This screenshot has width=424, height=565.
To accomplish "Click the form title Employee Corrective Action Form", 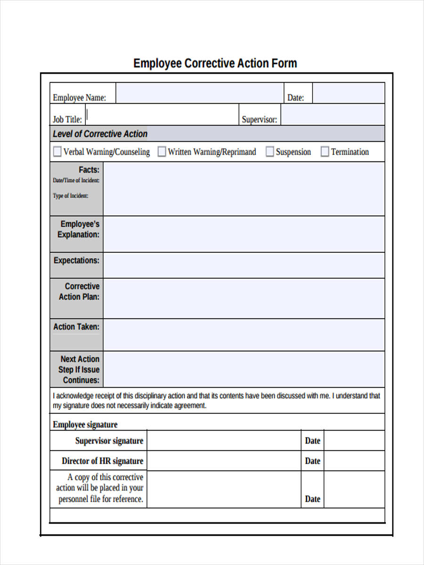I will [x=215, y=63].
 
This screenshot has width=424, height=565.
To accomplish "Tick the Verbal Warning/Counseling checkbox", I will [x=57, y=152].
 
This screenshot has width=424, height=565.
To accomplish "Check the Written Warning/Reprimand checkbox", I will [x=162, y=152].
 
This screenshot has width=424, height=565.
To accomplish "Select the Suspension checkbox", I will [x=269, y=152].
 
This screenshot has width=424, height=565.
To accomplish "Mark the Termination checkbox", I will [x=325, y=152].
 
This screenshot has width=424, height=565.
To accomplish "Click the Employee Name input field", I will [x=199, y=93].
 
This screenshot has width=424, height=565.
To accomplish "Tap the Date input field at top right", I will [x=349, y=93].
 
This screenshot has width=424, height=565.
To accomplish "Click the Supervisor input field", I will [x=333, y=115].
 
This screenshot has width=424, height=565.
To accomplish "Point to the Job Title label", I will [x=67, y=120].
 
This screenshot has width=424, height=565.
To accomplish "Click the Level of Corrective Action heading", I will [x=100, y=134].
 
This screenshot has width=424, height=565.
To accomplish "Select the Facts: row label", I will [x=89, y=170].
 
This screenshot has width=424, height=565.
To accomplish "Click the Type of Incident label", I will [x=70, y=196].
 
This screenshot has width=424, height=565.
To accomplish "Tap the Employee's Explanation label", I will [x=79, y=229].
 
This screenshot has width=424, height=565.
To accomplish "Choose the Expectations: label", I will [x=76, y=260].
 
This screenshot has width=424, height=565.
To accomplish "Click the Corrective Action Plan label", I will [x=80, y=291].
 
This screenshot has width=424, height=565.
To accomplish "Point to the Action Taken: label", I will [x=76, y=327].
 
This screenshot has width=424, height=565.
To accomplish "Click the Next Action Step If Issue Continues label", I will [x=79, y=370].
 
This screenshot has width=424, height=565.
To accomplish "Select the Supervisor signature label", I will [x=109, y=441].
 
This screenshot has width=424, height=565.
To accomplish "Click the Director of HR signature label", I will [x=102, y=461].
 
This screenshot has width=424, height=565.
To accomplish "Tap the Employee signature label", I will [x=85, y=425].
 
